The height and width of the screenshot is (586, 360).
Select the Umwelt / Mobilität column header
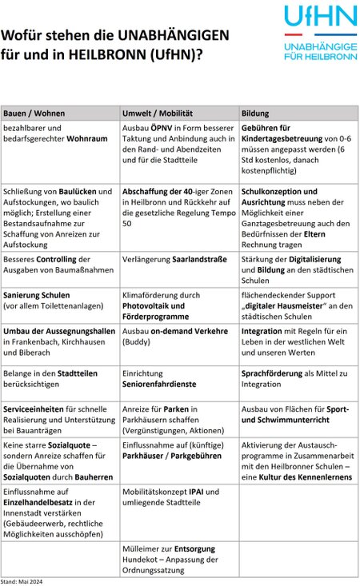(158, 113)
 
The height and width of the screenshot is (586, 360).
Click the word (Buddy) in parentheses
(136, 341)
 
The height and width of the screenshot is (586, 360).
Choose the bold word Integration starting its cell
(261, 331)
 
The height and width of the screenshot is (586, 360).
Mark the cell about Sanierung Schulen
(59, 299)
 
